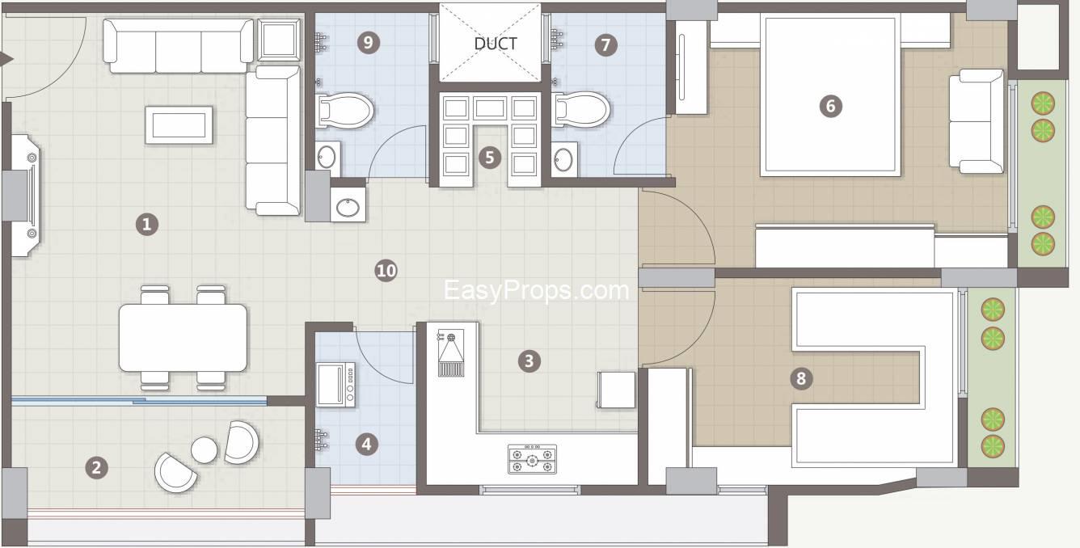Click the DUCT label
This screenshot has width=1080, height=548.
[496, 44]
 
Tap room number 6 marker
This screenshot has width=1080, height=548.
[831, 106]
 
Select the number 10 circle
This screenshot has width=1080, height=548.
[386, 271]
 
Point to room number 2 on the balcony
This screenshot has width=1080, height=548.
[96, 467]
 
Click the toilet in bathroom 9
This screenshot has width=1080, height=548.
[344, 111]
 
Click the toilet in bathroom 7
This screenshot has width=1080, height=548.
[580, 109]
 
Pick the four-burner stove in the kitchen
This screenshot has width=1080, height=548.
[532, 459]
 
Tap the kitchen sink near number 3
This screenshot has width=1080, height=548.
[451, 352]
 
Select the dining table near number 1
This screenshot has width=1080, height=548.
[183, 338]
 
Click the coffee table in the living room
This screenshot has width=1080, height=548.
[179, 124]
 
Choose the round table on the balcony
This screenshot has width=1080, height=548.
[204, 449]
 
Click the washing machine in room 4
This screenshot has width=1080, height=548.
[336, 385]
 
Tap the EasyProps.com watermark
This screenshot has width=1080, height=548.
[536, 291]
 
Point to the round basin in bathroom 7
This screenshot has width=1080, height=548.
[564, 158]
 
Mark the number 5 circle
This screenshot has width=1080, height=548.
[490, 158]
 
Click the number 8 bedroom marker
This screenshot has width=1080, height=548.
[801, 378]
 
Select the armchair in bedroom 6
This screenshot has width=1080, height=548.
[977, 121]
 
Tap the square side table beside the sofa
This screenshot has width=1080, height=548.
[279, 40]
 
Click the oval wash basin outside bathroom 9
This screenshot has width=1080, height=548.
[348, 207]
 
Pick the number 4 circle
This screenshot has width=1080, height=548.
[366, 444]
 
